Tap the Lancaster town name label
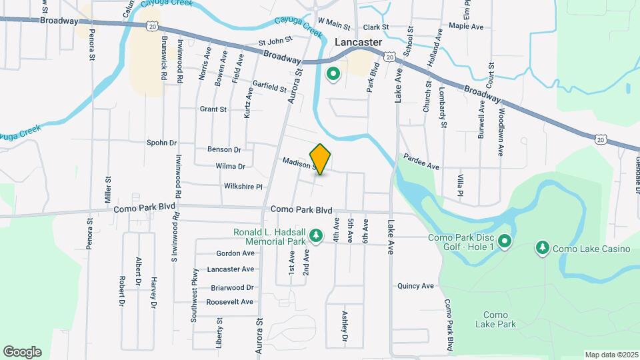click(x=358, y=42)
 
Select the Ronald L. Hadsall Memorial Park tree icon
click(x=317, y=235)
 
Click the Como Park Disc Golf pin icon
click(x=505, y=241)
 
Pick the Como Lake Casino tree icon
click(x=543, y=249)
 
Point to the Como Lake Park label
click(x=496, y=319)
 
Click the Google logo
click(x=22, y=351)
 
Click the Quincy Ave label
click(x=415, y=286)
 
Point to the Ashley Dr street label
click(x=345, y=327)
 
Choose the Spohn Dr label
click(x=161, y=143)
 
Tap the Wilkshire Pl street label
click(x=243, y=187)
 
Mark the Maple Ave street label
click(x=465, y=27)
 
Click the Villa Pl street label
click(x=460, y=184)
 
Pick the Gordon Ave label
click(x=235, y=253)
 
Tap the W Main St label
click(x=334, y=25)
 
